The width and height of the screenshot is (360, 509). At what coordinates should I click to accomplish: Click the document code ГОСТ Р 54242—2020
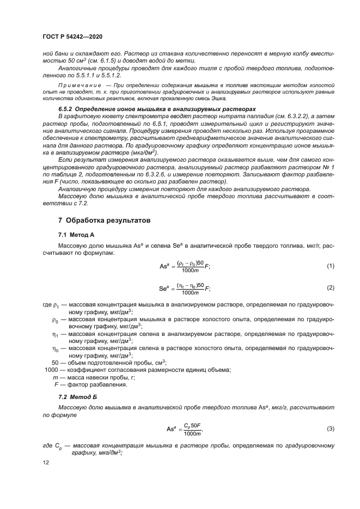click(x=72, y=35)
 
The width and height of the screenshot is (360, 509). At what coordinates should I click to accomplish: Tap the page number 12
click(x=46, y=462)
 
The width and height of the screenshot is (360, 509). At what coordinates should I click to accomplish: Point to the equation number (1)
click(x=330, y=266)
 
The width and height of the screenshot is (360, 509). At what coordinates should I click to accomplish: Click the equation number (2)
click(x=330, y=287)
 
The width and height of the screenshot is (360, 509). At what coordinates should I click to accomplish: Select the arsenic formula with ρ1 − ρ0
click(x=184, y=266)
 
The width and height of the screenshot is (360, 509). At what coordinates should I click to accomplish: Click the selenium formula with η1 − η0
click(x=184, y=288)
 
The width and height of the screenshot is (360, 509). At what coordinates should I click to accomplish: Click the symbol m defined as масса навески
click(x=54, y=377)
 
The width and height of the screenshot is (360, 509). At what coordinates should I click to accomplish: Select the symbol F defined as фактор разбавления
click(x=56, y=385)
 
